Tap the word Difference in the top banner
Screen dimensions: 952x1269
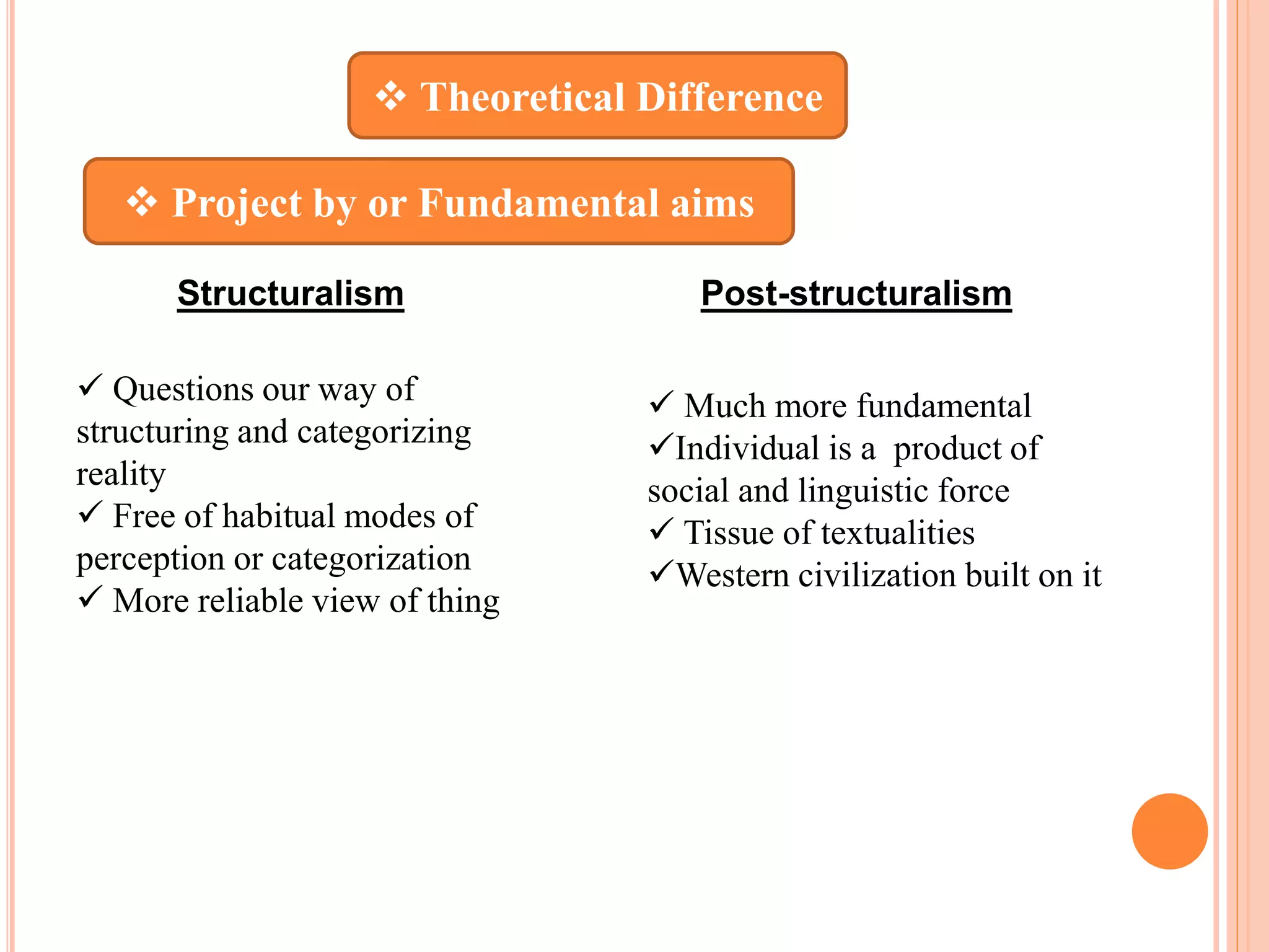point(729,97)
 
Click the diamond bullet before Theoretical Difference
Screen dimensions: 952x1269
point(391,97)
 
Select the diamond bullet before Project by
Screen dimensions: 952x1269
point(142,202)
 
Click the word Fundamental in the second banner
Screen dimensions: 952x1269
point(538,203)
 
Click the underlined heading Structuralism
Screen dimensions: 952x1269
point(290,293)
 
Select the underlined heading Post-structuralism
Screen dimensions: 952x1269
point(856,293)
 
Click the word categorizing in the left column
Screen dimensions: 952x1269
point(384,432)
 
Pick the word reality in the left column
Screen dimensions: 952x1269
point(121,474)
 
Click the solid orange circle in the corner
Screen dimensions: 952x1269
point(1169,831)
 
